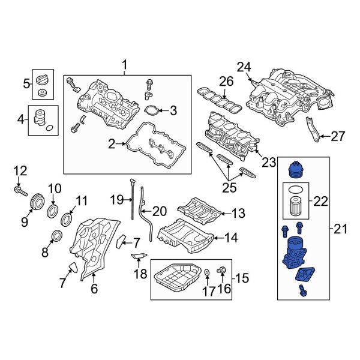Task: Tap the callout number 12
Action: point(20,171)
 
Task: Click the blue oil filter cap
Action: point(296,169)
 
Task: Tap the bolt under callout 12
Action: point(20,192)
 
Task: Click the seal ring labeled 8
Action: point(58,235)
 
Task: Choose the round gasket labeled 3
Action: point(152,110)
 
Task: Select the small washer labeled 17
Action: point(207,273)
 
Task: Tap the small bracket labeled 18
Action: point(139,258)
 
